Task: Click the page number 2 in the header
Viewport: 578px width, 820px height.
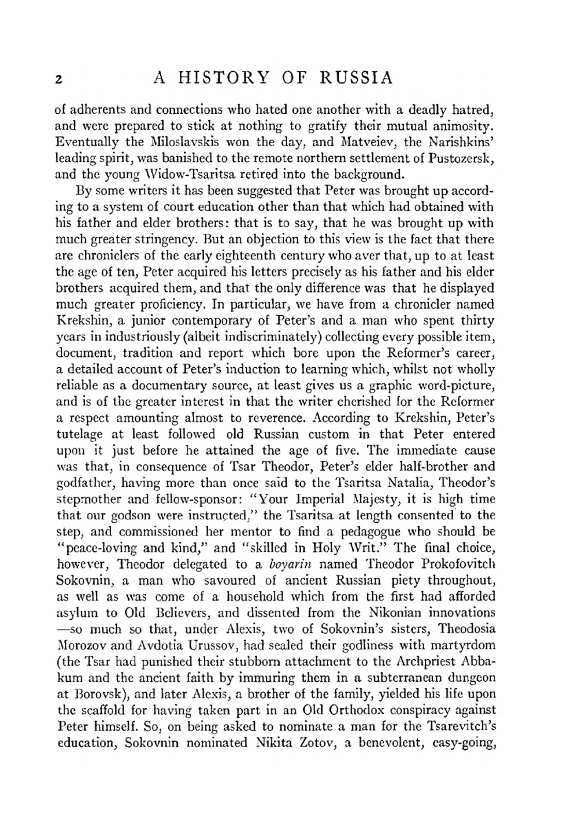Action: click(58, 79)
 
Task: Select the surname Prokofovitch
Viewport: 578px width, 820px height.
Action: click(453, 564)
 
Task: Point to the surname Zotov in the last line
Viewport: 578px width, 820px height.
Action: click(313, 743)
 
